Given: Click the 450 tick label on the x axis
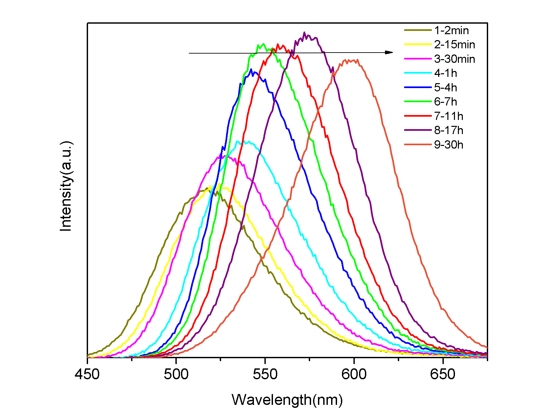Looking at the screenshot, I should click(87, 374).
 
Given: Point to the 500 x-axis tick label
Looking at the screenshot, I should click(176, 374).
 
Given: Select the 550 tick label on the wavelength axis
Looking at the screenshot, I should click(265, 374).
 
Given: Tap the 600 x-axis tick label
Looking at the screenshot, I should click(354, 374).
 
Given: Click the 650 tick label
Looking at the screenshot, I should click(443, 374).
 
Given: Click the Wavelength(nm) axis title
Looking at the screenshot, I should click(287, 400).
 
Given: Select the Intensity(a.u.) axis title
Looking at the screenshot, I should click(66, 186).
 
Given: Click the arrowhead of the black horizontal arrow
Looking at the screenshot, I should click(390, 52).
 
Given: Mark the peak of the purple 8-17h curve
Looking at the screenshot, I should click(304, 33).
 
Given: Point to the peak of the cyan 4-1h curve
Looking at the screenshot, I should click(237, 141).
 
